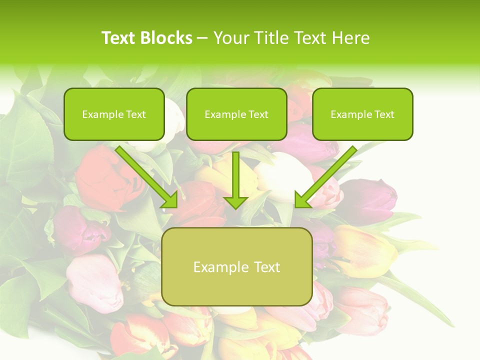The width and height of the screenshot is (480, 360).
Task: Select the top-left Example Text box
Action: click(x=114, y=114)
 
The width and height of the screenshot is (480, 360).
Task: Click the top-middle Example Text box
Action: click(x=236, y=114)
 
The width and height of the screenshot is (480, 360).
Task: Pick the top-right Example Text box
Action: click(x=362, y=114)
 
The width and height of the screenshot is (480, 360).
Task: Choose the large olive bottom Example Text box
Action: click(x=236, y=266)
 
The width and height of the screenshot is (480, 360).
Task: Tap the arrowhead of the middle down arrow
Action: click(x=235, y=202)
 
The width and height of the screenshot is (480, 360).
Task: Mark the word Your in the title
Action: click(x=230, y=38)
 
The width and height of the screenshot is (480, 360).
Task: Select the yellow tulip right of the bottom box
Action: click(x=365, y=250)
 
